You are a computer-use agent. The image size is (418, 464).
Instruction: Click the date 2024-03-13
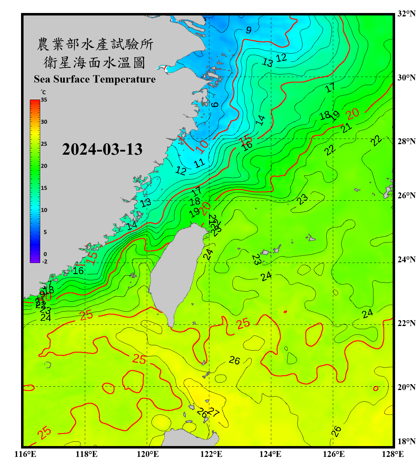(x=102, y=149)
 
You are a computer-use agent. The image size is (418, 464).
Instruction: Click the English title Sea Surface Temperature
(x=95, y=79)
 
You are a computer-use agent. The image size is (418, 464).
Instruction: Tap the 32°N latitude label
(x=406, y=14)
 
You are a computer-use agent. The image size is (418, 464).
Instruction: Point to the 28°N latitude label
(x=406, y=141)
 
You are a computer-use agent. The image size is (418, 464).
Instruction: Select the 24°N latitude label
(x=406, y=260)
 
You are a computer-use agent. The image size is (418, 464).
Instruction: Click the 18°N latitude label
(x=406, y=441)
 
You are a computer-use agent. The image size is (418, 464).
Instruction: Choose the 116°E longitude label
(x=25, y=454)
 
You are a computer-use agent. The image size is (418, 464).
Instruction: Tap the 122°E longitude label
(x=211, y=454)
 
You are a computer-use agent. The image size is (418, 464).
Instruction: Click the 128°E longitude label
(x=393, y=454)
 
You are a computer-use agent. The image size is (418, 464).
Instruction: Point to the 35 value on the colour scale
(x=44, y=100)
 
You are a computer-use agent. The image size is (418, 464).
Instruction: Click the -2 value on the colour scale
(x=45, y=261)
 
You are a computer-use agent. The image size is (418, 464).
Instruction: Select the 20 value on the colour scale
(x=44, y=166)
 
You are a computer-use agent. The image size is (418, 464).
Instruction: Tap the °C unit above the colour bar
(x=43, y=92)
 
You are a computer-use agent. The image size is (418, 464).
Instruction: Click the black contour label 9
(x=249, y=30)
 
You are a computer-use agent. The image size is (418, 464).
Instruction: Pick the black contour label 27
(x=214, y=412)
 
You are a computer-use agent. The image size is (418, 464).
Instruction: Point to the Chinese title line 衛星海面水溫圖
(x=94, y=62)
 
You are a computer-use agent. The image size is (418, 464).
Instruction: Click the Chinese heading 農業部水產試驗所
(x=95, y=44)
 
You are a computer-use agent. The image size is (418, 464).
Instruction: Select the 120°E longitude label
(x=148, y=454)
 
